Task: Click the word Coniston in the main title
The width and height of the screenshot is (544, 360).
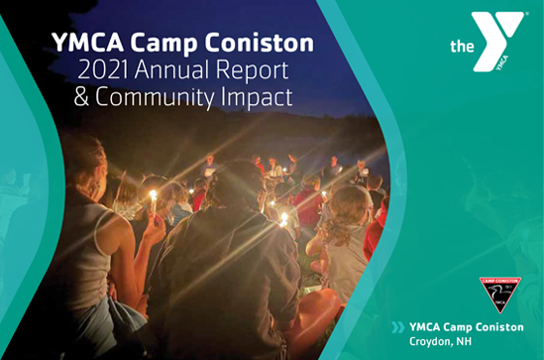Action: tap(260, 43)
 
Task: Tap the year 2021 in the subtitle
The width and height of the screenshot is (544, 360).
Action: tap(104, 69)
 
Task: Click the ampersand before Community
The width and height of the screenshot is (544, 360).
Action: tap(81, 96)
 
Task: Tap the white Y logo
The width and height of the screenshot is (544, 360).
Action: tap(497, 42)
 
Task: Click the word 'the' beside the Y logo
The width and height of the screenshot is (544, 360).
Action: tap(462, 47)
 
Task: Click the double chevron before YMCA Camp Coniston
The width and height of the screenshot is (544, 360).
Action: tap(398, 327)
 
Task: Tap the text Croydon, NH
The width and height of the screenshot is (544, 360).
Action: tap(440, 341)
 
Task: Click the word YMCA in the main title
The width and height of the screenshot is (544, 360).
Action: tap(88, 43)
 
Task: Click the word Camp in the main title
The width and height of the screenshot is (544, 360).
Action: tap(164, 44)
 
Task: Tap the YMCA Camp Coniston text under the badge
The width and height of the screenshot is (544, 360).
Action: tap(467, 327)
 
